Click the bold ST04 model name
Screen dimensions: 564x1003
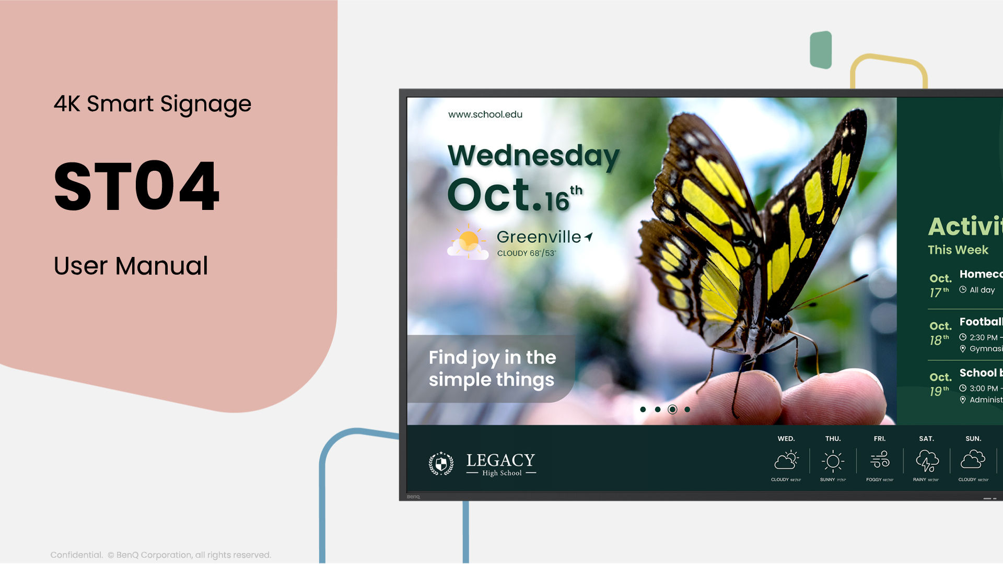coord(137,186)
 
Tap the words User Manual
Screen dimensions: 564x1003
coord(131,266)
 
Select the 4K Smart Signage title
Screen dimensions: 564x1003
coord(153,103)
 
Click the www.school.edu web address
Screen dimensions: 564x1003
coord(485,114)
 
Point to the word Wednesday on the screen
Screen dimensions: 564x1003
coord(533,156)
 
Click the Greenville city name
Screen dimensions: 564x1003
coord(538,237)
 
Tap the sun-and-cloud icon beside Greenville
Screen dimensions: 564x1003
coord(468,242)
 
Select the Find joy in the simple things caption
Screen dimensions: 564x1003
coord(491,369)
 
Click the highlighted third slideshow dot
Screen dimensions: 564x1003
coord(672,409)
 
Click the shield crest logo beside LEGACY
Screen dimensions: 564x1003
coord(441,463)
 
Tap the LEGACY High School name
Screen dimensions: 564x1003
coord(500,464)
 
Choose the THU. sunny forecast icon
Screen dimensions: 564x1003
coord(833,461)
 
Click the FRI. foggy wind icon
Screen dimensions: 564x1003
coord(880,460)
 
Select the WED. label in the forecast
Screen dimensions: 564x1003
coord(786,439)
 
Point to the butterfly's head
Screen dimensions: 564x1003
coord(778,326)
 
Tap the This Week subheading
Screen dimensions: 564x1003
coord(958,250)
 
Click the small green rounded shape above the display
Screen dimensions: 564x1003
coord(821,50)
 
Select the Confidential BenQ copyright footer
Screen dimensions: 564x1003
coord(160,555)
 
